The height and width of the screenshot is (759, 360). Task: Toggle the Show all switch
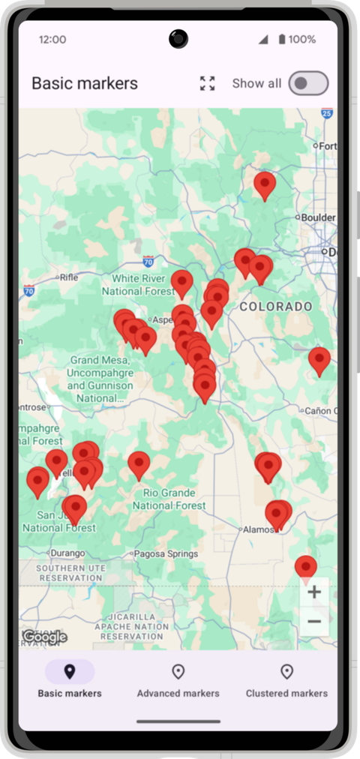coord(308,83)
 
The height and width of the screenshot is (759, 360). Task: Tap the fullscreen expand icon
coord(207,83)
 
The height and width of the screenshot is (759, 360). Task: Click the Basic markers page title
coord(85,83)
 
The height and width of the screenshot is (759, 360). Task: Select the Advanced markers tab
coord(178,679)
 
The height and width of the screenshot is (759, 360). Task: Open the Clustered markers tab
coord(286,679)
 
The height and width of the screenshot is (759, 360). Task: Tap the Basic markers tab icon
coord(70,671)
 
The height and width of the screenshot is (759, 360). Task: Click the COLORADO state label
coord(276,307)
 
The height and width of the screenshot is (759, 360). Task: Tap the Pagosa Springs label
coord(166,554)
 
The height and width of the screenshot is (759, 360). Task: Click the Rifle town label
coord(68,277)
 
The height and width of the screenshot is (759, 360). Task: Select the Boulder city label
coord(318,217)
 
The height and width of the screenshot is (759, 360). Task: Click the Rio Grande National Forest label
coord(169,499)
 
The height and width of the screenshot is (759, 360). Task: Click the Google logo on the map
coord(44,637)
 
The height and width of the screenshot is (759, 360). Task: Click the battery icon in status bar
coord(282,39)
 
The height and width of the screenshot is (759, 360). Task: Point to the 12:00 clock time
coord(52,39)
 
